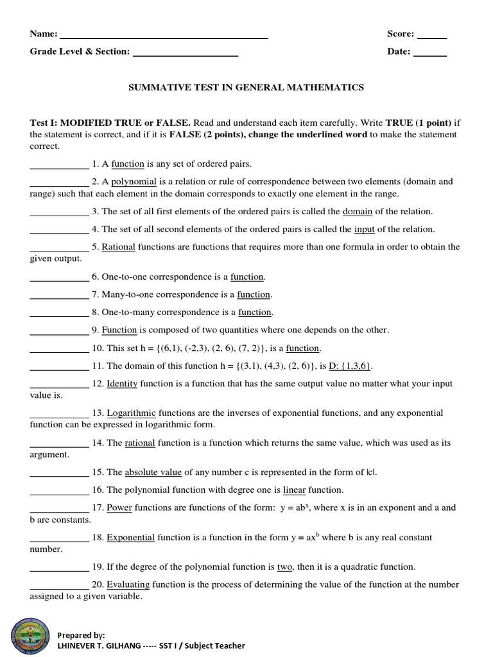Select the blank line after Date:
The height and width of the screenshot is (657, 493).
click(429, 55)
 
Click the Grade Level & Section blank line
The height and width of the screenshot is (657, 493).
click(185, 55)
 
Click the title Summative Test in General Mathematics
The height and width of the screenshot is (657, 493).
click(246, 87)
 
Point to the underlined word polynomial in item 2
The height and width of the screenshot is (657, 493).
click(134, 182)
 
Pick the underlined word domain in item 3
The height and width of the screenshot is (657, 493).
click(358, 211)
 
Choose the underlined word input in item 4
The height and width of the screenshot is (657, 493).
click(364, 229)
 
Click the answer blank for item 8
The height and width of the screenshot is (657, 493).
click(59, 312)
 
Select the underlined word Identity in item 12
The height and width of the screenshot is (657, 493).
click(122, 384)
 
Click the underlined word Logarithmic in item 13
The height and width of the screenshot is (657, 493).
click(132, 413)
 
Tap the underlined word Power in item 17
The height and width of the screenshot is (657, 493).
click(119, 508)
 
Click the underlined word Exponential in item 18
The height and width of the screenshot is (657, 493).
click(130, 538)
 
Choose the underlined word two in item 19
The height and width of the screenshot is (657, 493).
click(284, 567)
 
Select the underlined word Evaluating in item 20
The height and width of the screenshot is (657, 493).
click(128, 584)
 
